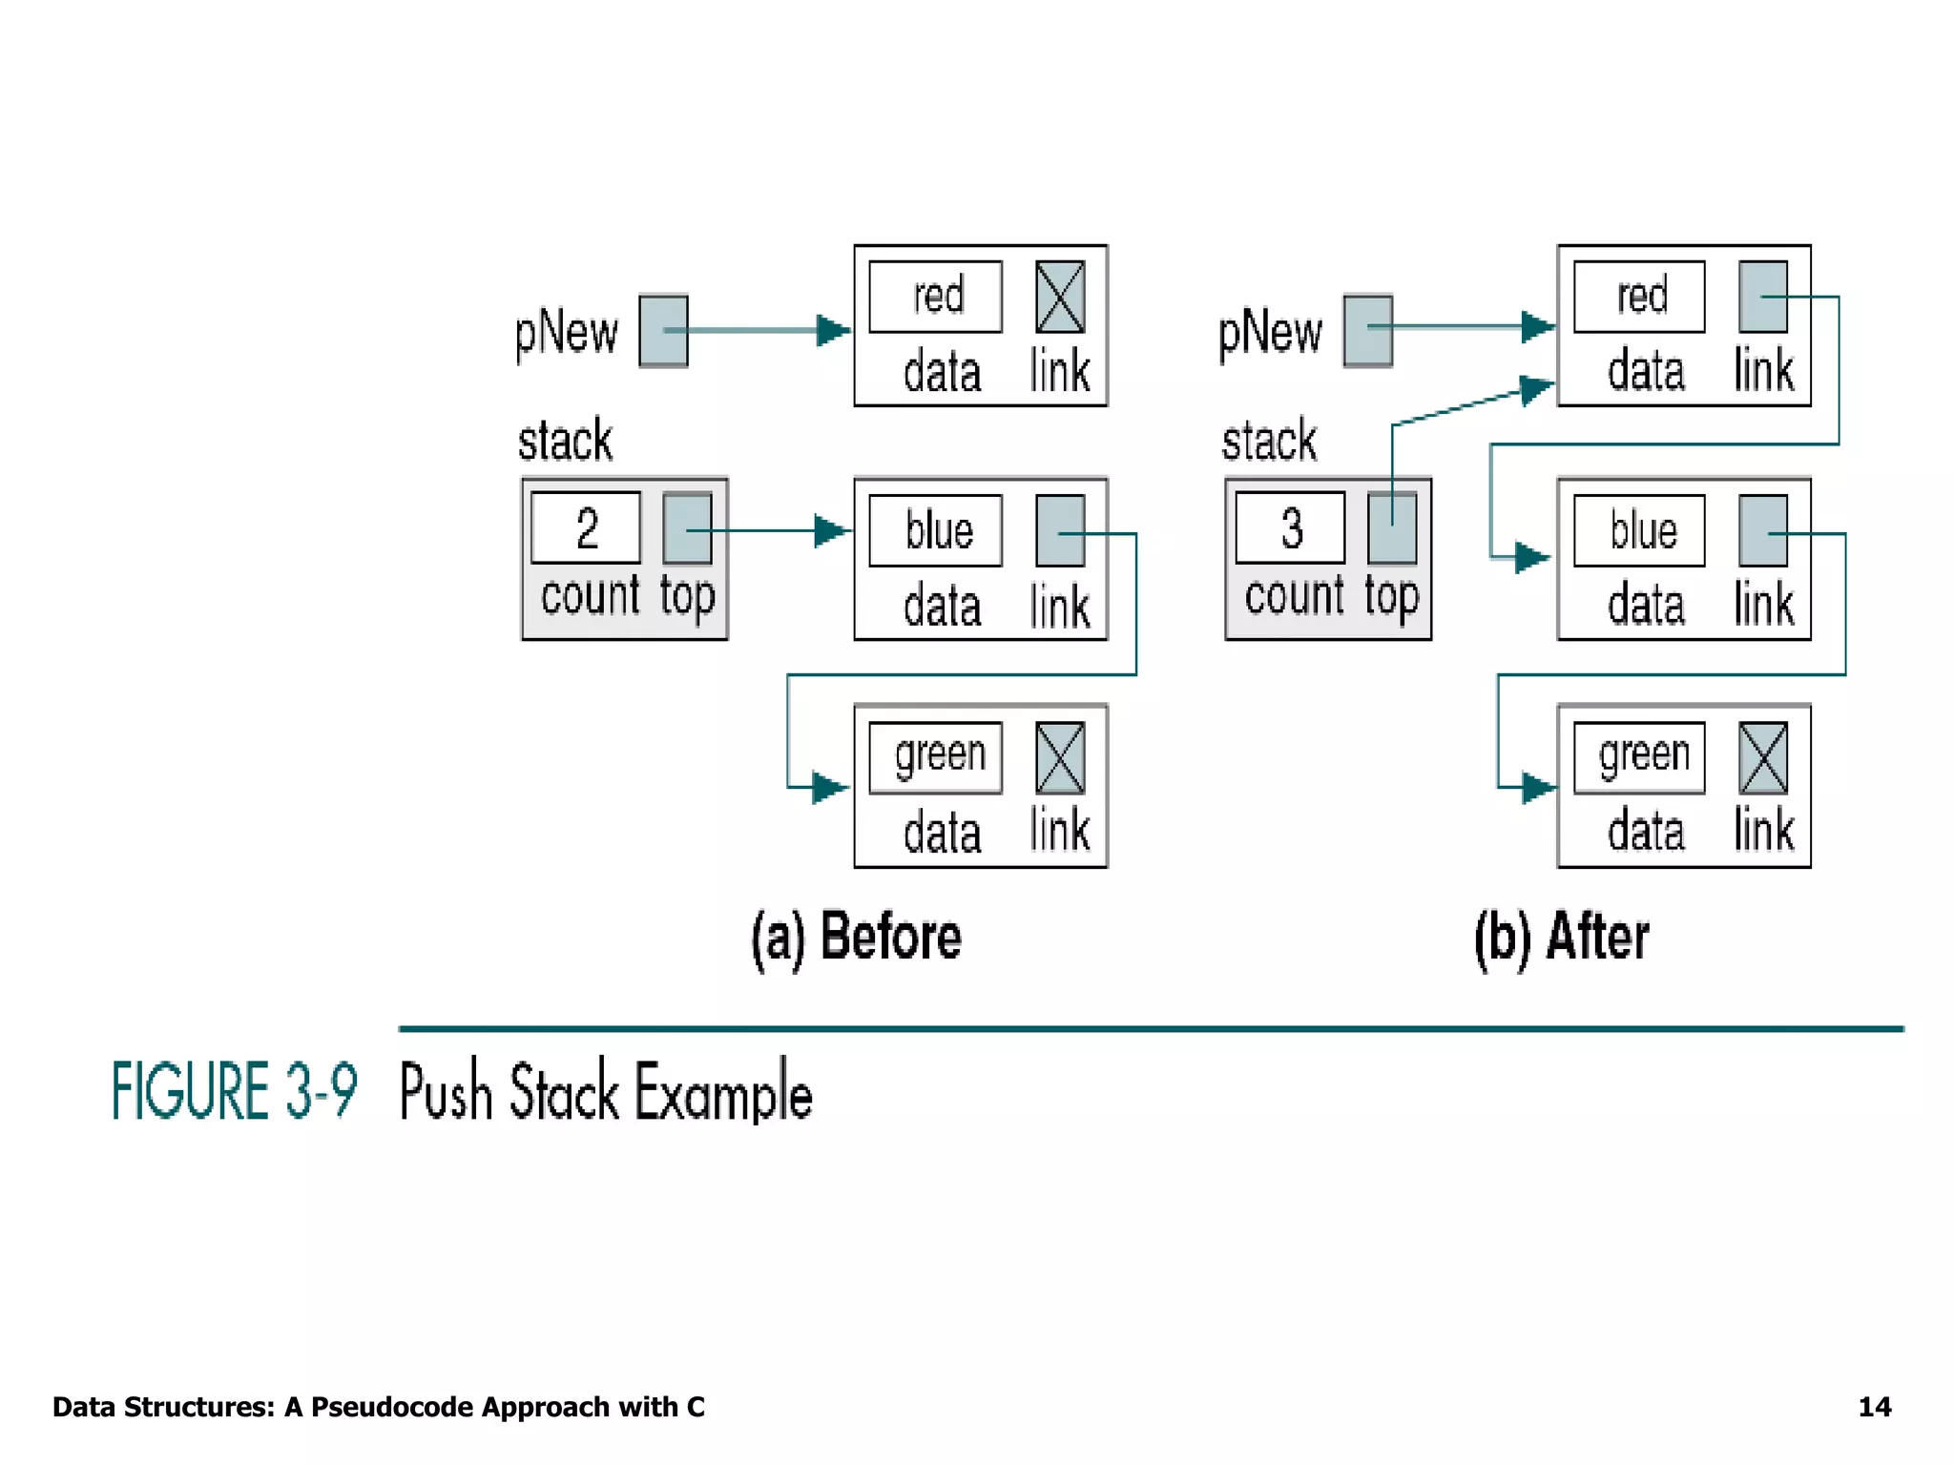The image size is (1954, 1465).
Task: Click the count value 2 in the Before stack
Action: tap(586, 528)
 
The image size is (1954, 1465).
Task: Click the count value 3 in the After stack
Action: tap(1290, 528)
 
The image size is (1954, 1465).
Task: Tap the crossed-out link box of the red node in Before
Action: tap(1060, 297)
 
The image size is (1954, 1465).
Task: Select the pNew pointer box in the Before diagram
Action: tap(663, 331)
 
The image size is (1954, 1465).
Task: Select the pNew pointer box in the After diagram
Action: tap(1367, 331)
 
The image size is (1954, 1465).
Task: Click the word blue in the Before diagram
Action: tap(938, 530)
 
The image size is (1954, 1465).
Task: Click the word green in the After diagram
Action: tap(1643, 756)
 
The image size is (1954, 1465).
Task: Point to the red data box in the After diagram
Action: tap(1639, 297)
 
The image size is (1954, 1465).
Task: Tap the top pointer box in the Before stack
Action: tap(687, 528)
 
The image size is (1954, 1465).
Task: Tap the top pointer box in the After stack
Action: tap(1391, 528)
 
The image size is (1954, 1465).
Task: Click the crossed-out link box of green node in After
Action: tap(1763, 758)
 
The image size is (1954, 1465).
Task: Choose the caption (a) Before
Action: tap(856, 937)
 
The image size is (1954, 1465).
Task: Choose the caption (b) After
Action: tap(1561, 937)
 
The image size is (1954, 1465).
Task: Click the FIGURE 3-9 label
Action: tap(234, 1090)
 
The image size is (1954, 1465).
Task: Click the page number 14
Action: tap(1874, 1407)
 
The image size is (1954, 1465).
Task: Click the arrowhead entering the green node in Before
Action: tap(830, 788)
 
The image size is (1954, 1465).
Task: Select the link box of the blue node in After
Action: tap(1763, 530)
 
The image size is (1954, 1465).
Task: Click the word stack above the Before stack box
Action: tap(565, 441)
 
